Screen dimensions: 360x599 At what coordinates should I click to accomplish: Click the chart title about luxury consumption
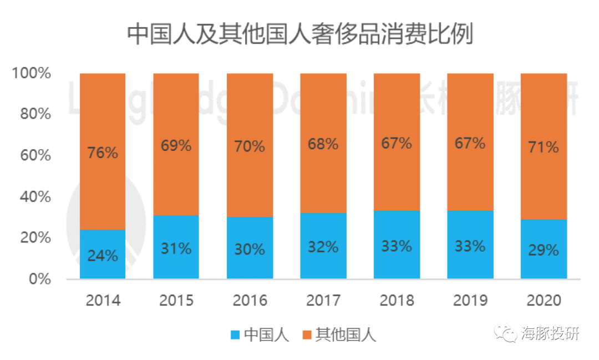pyautogui.click(x=299, y=34)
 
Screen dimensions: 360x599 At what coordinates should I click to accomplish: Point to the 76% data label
pyautogui.click(x=103, y=153)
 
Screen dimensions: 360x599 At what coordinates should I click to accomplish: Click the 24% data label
pyautogui.click(x=103, y=256)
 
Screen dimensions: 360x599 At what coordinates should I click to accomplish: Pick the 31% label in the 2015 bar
pyautogui.click(x=176, y=249)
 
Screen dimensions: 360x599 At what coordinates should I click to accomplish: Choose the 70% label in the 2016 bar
pyautogui.click(x=250, y=146)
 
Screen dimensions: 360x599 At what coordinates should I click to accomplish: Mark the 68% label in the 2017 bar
pyautogui.click(x=323, y=144)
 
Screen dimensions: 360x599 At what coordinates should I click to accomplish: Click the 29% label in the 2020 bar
pyautogui.click(x=544, y=250)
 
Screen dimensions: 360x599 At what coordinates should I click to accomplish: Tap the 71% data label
pyautogui.click(x=544, y=147)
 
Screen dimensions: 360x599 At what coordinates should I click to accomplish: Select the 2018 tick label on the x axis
pyautogui.click(x=397, y=301)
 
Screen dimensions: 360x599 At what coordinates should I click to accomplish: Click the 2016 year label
pyautogui.click(x=250, y=301)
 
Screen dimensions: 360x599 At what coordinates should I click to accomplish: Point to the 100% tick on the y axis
pyautogui.click(x=32, y=73)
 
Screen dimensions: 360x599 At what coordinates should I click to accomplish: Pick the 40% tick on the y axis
pyautogui.click(x=35, y=197)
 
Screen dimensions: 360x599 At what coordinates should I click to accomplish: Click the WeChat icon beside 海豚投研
pyautogui.click(x=506, y=333)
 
